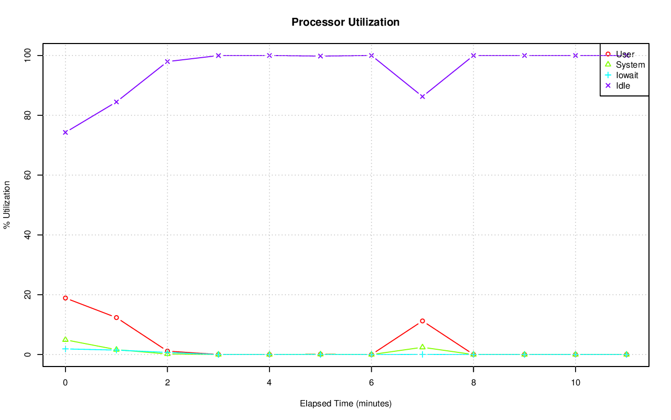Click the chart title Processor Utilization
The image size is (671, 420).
tap(345, 23)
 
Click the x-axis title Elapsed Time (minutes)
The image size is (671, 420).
tap(345, 404)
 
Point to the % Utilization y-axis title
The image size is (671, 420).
tap(7, 204)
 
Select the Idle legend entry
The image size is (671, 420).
tap(623, 85)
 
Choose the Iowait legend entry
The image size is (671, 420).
tap(627, 75)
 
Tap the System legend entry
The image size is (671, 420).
tap(630, 65)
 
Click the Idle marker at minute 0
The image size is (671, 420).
tap(65, 132)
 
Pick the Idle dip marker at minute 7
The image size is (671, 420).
tap(423, 96)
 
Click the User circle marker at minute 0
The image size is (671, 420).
tap(65, 298)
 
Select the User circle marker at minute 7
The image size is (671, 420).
tap(423, 321)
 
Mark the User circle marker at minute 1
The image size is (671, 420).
tap(116, 318)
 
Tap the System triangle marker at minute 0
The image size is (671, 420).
tap(65, 340)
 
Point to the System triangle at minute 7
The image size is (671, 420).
tap(423, 347)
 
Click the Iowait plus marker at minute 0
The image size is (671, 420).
tap(65, 349)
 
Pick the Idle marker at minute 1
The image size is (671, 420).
tap(116, 102)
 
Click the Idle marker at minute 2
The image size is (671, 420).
tap(167, 61)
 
